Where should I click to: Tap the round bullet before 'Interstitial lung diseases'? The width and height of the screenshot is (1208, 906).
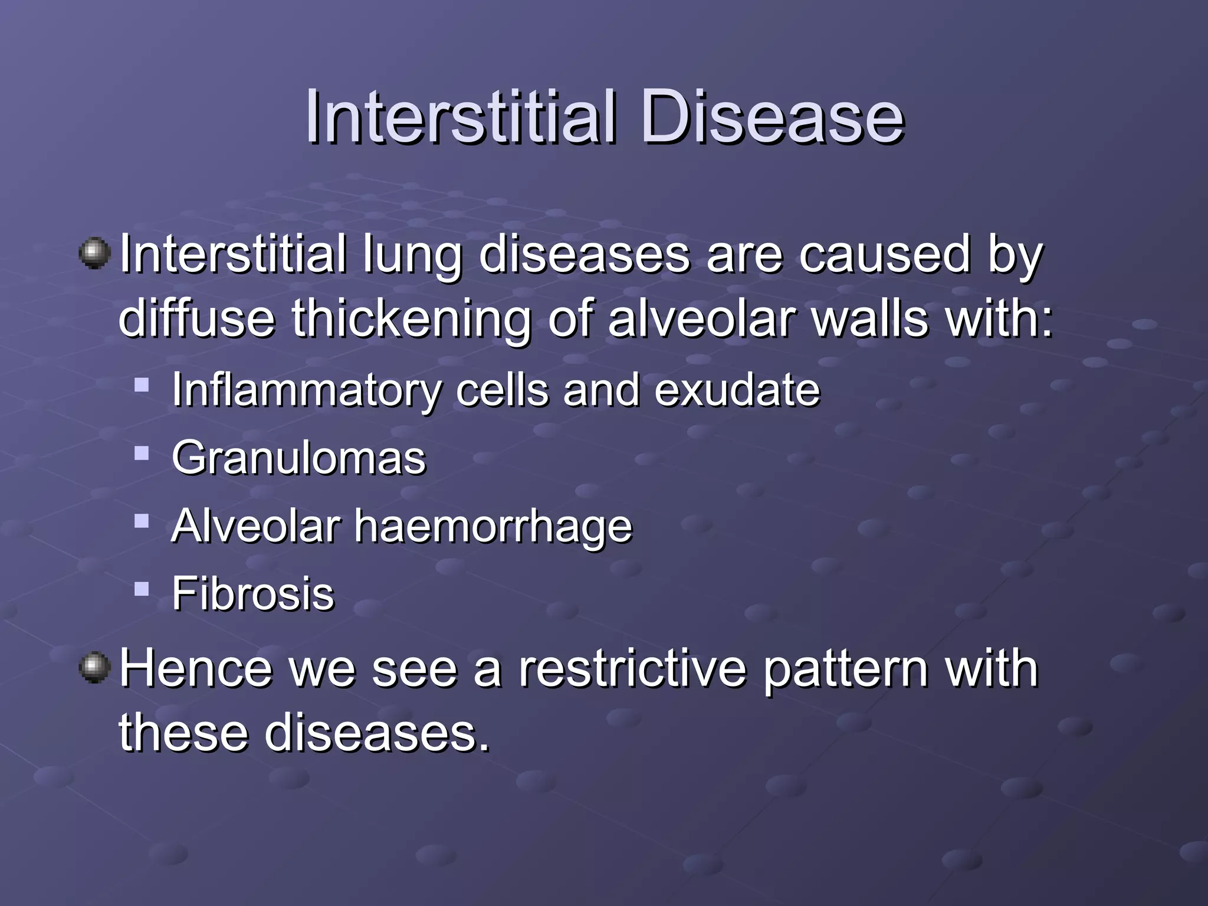tap(94, 254)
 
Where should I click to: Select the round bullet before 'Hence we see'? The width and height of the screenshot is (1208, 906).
tap(94, 668)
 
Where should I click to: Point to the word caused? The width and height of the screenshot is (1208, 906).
tap(885, 255)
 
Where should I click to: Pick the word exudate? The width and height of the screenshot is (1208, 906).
tap(737, 390)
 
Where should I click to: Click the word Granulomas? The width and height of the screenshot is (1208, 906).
tap(298, 458)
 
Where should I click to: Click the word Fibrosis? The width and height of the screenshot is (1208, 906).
tap(253, 593)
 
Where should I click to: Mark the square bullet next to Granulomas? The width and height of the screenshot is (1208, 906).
tap(142, 453)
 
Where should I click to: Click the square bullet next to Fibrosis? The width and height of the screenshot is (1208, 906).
tap(142, 589)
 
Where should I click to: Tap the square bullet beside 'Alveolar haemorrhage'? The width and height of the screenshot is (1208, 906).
tap(142, 521)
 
